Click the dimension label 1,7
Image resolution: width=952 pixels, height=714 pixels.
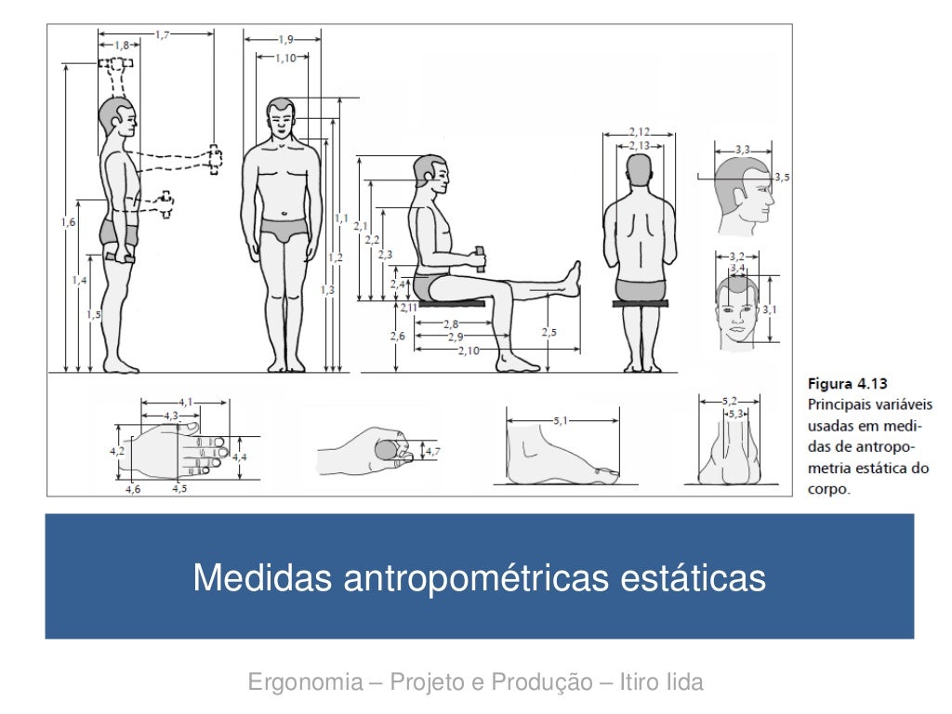point(162,34)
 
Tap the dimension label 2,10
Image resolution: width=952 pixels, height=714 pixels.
point(469,350)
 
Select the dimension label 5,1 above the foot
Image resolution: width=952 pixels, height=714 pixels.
point(562,420)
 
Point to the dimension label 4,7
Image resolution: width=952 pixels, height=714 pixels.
point(432,452)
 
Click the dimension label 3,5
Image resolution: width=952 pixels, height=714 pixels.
point(782,177)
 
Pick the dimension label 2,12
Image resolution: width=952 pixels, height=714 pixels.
point(639,131)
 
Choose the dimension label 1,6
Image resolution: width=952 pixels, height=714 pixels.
point(67,221)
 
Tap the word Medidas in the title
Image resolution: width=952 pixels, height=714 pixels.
point(262,577)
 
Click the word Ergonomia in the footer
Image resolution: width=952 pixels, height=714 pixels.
point(304,683)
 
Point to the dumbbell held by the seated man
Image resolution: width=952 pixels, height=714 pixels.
point(480,258)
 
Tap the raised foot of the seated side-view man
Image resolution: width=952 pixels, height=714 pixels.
point(572,277)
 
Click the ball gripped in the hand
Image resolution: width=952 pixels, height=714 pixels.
point(385,451)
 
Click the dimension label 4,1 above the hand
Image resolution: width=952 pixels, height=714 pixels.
point(186,402)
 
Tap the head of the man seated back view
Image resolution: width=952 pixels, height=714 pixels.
point(639,172)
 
